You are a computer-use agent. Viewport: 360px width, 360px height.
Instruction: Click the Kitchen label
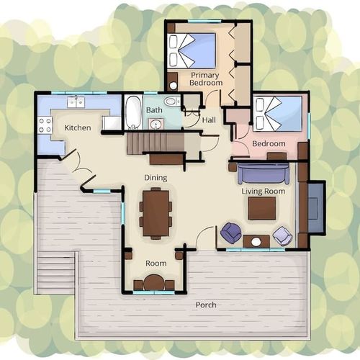click(x=78, y=127)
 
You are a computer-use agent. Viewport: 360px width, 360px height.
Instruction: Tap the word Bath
click(x=154, y=110)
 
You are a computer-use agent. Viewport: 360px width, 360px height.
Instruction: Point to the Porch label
click(x=206, y=305)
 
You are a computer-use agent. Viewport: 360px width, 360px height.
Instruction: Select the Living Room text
click(x=264, y=192)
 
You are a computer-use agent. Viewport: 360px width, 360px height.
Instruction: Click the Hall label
click(x=209, y=120)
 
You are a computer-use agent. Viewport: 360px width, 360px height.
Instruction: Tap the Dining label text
click(x=156, y=178)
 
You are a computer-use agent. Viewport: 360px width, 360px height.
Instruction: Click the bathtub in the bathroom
click(x=133, y=112)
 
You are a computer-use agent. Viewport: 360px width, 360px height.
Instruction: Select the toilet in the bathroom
click(x=172, y=102)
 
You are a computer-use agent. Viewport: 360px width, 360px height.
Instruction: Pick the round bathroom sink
click(x=156, y=124)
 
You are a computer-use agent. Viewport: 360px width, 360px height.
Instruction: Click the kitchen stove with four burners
click(x=45, y=125)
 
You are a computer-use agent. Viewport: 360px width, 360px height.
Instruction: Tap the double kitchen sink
click(x=76, y=102)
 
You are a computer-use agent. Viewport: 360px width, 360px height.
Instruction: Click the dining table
click(x=156, y=213)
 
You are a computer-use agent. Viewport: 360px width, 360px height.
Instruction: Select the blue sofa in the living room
click(x=264, y=174)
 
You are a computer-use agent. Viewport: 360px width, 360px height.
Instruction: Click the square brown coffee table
click(x=262, y=208)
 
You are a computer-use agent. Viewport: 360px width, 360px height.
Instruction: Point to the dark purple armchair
click(x=230, y=233)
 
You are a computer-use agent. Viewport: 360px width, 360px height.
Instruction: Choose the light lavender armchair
click(x=282, y=235)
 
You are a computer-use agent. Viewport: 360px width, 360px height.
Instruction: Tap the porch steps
click(x=56, y=272)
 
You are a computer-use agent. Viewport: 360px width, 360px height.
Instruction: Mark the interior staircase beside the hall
click(x=156, y=144)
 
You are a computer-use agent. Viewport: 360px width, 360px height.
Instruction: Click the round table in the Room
click(x=154, y=283)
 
